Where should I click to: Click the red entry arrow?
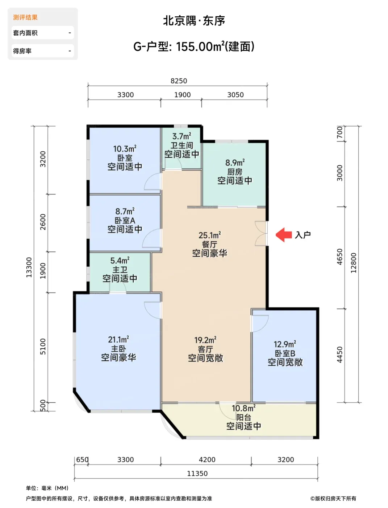click(284, 235)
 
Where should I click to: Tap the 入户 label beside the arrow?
click(303, 235)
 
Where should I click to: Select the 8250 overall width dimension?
click(179, 81)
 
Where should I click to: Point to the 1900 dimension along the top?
click(182, 95)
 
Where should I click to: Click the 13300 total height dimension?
click(29, 267)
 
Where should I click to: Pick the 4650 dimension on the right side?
click(339, 257)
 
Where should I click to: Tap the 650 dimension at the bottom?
click(82, 459)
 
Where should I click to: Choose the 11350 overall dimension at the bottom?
click(197, 473)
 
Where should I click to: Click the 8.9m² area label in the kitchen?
click(235, 163)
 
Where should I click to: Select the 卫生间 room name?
click(182, 146)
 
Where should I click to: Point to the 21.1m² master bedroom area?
click(118, 340)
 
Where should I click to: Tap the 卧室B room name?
click(285, 353)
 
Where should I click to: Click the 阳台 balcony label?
click(243, 417)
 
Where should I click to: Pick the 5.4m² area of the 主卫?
click(120, 261)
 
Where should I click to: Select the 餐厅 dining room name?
click(210, 245)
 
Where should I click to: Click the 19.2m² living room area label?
click(205, 340)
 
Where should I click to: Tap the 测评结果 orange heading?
click(25, 17)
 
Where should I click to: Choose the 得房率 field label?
click(22, 51)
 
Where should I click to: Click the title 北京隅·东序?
click(194, 21)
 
